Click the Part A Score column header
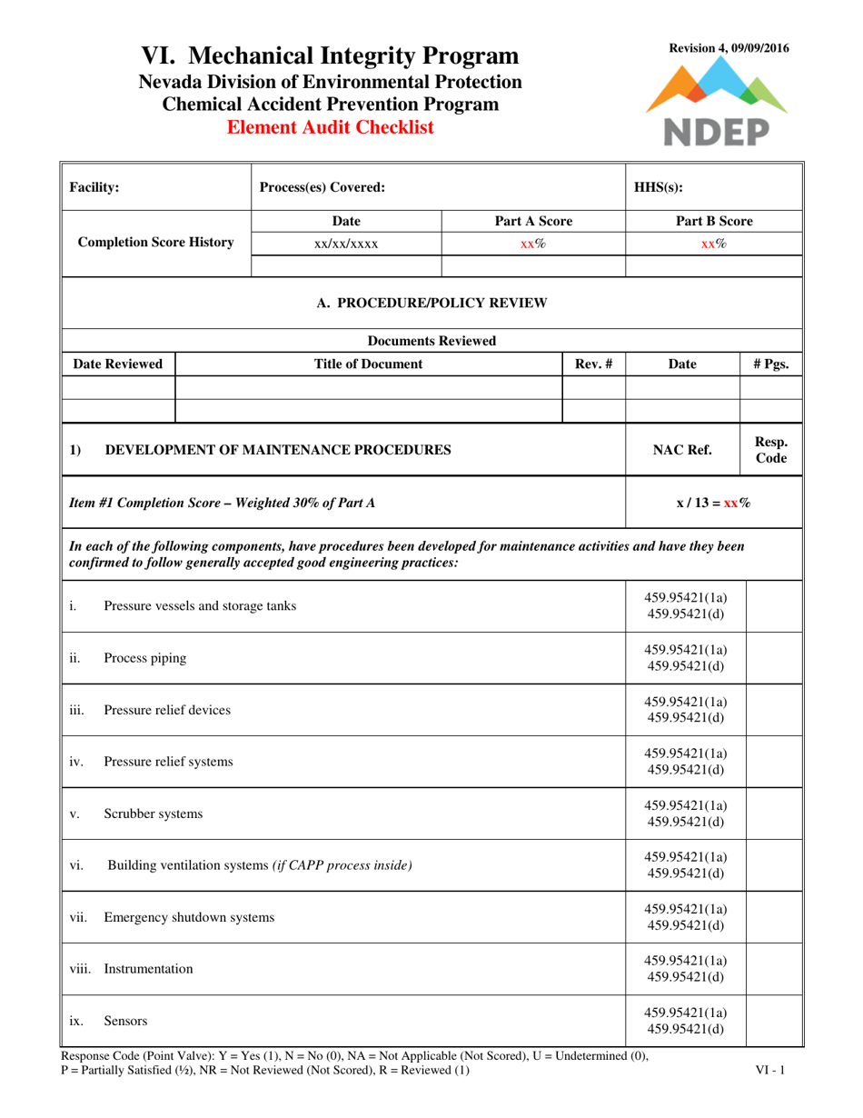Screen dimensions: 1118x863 point(533,222)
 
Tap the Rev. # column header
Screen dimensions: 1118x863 point(593,364)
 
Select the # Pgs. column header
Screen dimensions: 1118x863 point(771,364)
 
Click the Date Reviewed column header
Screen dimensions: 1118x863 point(118,364)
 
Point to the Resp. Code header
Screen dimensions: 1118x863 point(771,449)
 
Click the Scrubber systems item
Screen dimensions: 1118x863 point(154,814)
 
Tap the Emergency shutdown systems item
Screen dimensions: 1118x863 point(189,917)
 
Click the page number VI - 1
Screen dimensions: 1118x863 point(770,1071)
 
